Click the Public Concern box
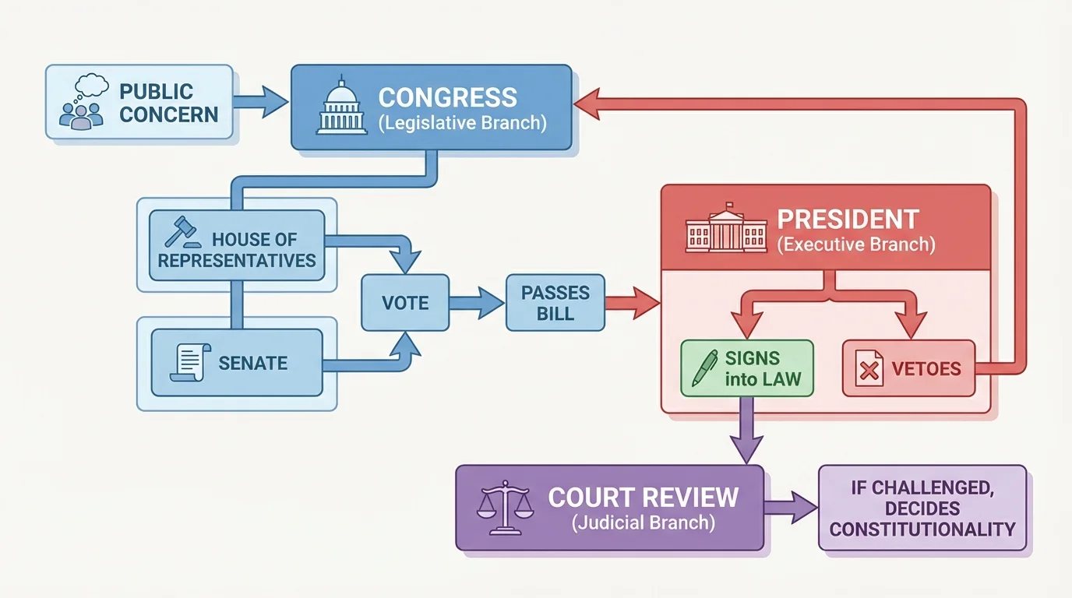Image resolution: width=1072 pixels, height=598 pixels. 139,102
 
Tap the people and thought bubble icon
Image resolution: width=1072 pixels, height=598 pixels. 82,102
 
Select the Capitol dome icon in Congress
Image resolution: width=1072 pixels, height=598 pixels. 341,107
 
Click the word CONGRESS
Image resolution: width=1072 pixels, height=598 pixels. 447,98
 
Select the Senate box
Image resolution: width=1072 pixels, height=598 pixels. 237,363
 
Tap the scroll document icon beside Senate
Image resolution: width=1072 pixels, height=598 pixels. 189,361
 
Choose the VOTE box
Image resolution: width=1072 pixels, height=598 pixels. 405,303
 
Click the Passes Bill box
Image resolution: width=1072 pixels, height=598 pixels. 555,304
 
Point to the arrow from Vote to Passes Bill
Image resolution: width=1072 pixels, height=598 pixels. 477,303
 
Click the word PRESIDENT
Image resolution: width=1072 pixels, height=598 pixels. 848,219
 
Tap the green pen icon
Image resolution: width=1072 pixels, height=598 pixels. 705,368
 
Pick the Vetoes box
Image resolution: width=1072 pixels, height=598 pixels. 908,368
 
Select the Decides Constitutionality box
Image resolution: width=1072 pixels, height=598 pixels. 922,509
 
